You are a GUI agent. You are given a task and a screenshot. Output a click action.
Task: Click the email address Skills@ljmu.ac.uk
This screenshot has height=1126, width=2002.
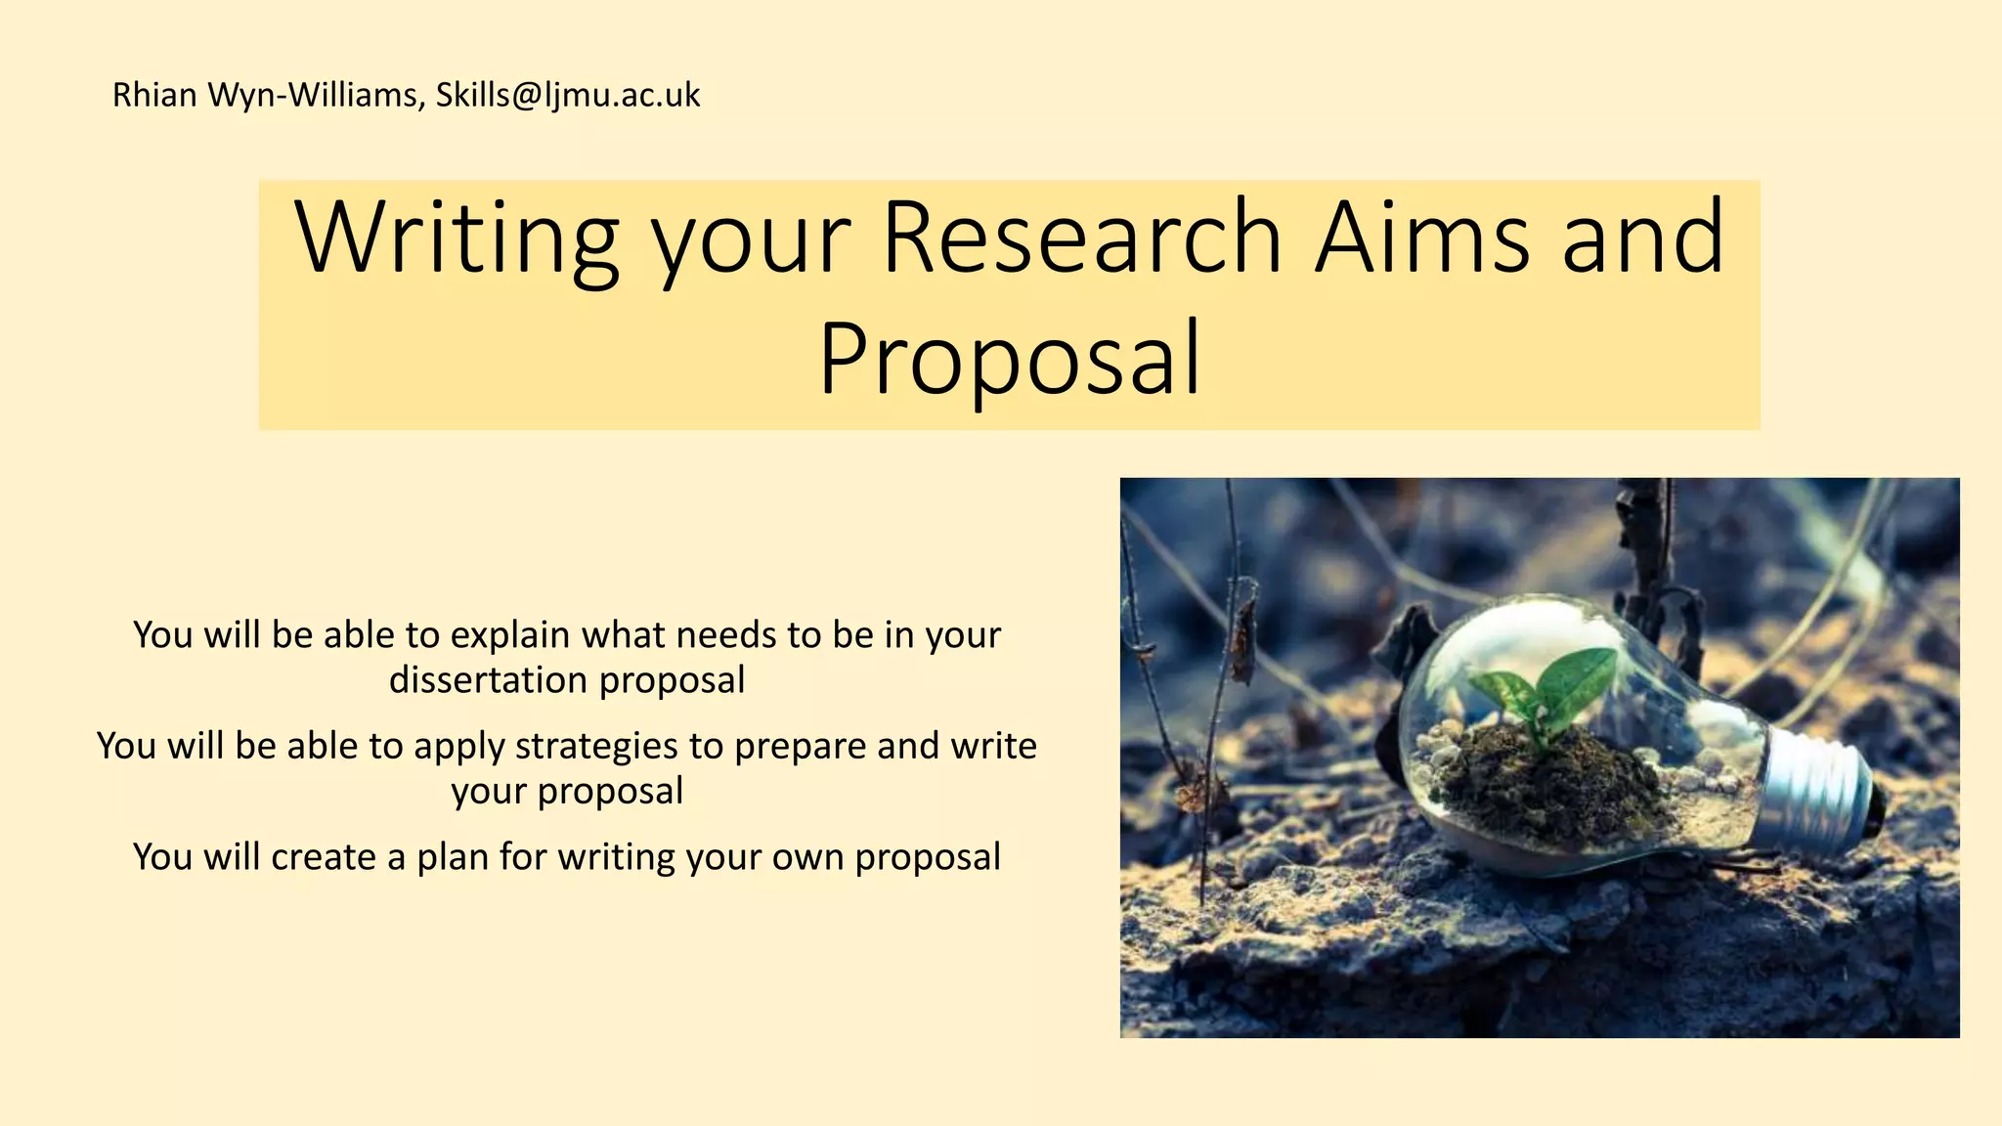(567, 96)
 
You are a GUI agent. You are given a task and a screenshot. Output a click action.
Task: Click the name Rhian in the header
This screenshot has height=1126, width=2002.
(154, 96)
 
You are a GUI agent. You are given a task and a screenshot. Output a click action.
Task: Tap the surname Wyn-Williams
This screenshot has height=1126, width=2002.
(317, 96)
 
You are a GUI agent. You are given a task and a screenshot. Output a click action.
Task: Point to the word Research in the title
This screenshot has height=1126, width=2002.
(1081, 238)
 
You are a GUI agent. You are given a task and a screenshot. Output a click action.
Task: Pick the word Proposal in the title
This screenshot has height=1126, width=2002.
(1009, 360)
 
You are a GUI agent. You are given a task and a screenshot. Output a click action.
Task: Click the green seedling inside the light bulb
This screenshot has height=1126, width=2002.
(1554, 684)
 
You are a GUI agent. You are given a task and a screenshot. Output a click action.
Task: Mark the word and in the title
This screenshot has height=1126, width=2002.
(1642, 238)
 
